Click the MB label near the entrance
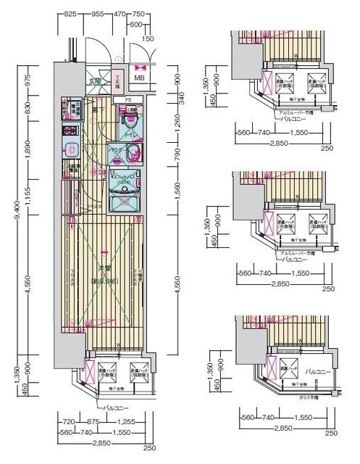pyautogui.click(x=139, y=78)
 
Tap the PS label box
pyautogui.click(x=127, y=99)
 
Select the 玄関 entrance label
pyautogui.click(x=95, y=81)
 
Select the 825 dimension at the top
pyautogui.click(x=70, y=14)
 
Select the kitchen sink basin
pyautogui.click(x=71, y=150)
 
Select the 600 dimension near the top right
pyautogui.click(x=154, y=24)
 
